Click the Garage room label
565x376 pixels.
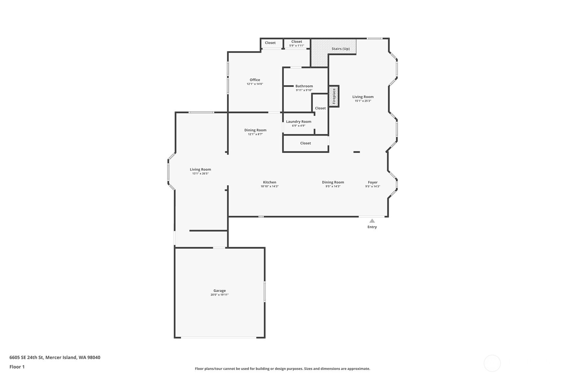point(219,290)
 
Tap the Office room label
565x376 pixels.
point(255,79)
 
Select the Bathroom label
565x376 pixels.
point(304,86)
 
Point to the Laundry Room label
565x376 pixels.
point(298,121)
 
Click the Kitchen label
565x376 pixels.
point(269,182)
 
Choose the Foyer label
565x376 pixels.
point(373,182)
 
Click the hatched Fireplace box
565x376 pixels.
point(334,96)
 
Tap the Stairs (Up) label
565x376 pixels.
point(341,49)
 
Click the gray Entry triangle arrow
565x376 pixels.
point(372,221)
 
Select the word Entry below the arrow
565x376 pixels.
point(372,227)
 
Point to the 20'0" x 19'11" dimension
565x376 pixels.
point(219,295)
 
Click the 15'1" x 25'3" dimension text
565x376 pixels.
point(363,101)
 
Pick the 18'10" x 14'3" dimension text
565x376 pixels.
point(269,187)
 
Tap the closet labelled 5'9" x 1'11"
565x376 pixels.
point(296,43)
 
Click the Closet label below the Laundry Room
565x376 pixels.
point(305,143)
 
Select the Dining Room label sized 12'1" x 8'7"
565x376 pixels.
point(255,130)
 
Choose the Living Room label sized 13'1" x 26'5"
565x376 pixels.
point(200,169)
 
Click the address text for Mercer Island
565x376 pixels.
point(55,357)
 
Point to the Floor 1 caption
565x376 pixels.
point(17,367)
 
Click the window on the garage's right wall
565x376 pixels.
point(265,291)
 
